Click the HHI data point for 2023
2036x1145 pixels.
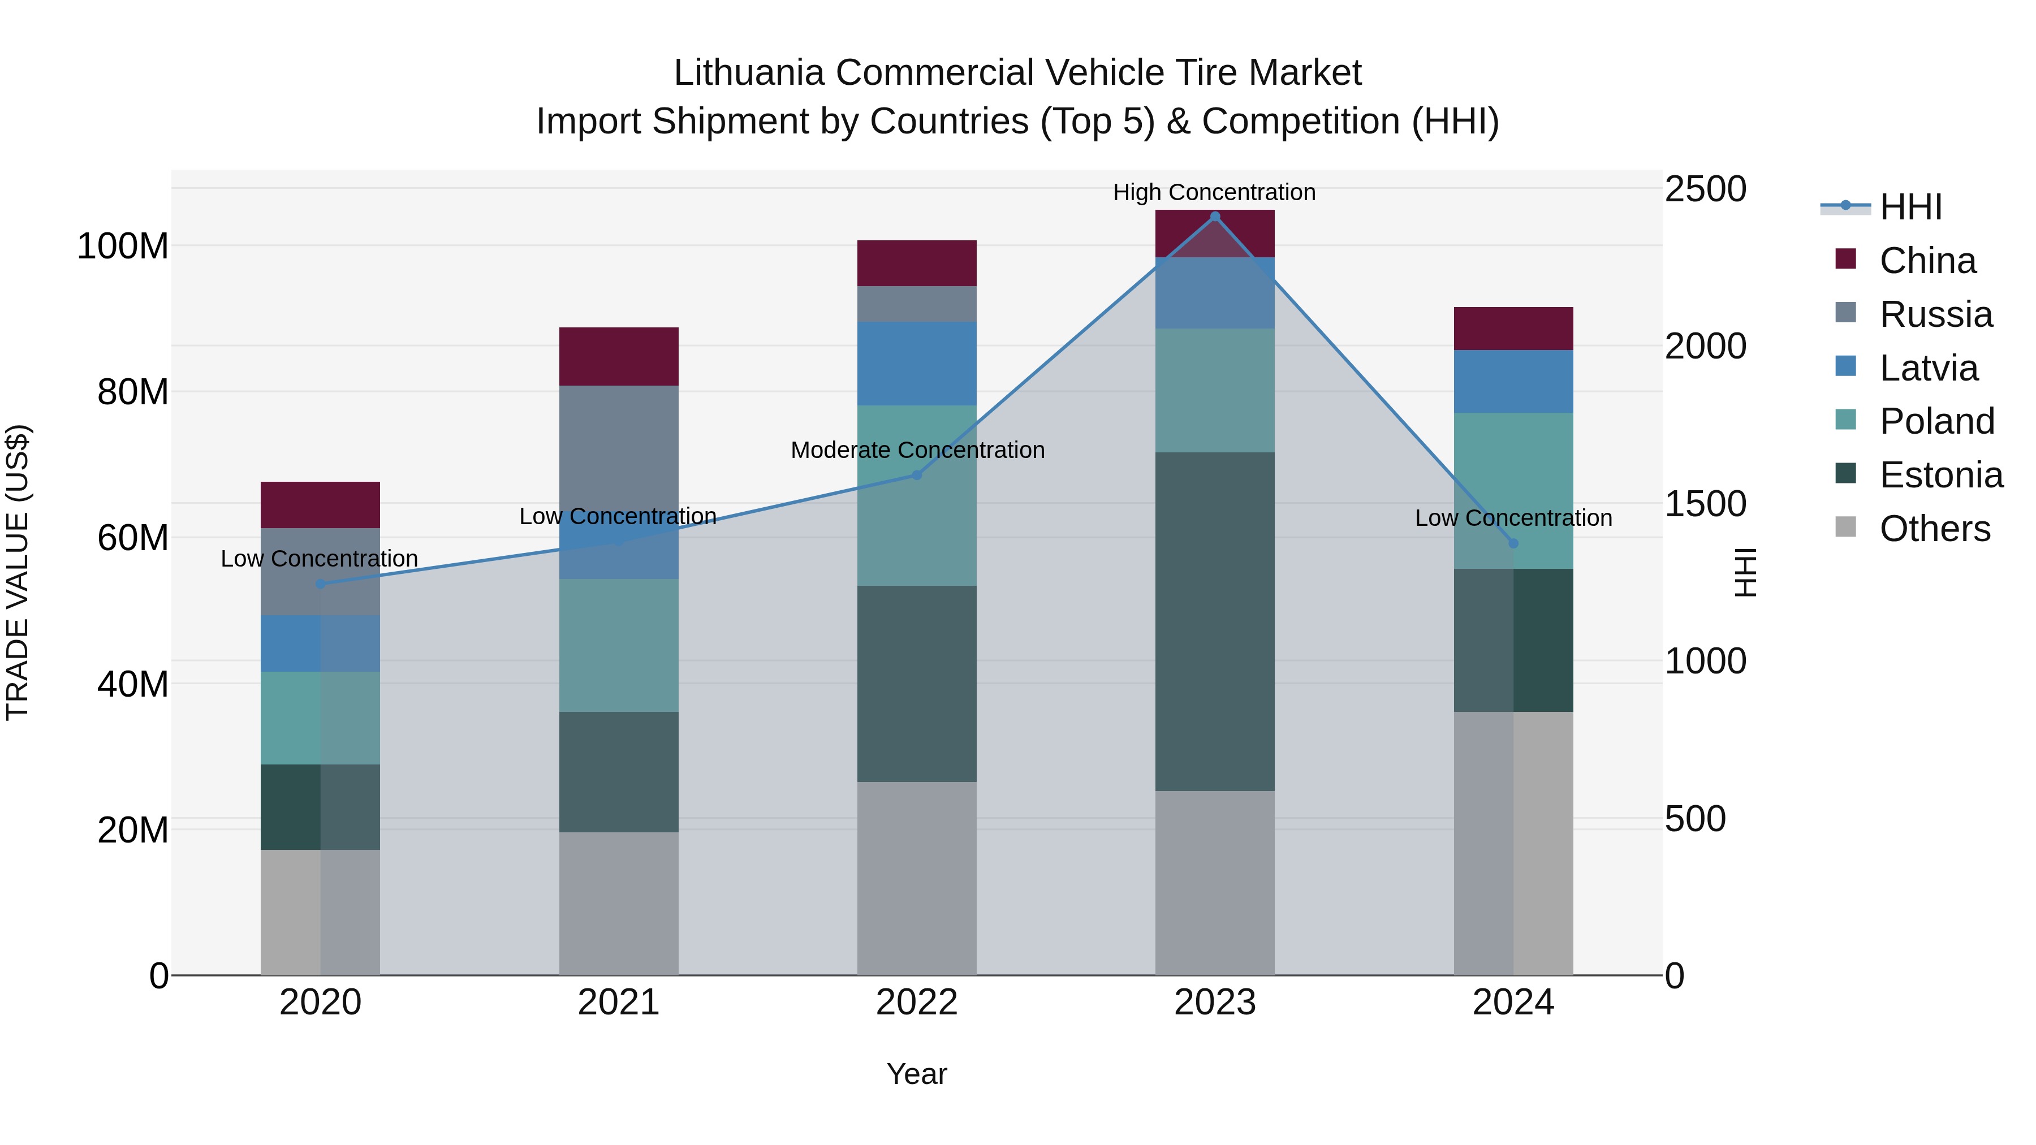tap(1215, 217)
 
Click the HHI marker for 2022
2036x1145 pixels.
tap(917, 475)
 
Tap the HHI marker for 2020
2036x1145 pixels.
tap(320, 584)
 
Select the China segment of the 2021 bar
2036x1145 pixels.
tap(619, 356)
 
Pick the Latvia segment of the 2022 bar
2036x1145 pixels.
tap(917, 364)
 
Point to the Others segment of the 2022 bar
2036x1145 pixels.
tap(917, 878)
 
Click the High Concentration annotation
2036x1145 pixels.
tap(1214, 192)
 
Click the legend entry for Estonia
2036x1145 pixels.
tap(1940, 475)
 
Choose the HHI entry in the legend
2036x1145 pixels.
tap(1910, 207)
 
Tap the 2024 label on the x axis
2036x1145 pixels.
tap(1513, 1003)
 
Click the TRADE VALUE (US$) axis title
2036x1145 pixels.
tap(18, 572)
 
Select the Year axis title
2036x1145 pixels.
tap(917, 1074)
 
